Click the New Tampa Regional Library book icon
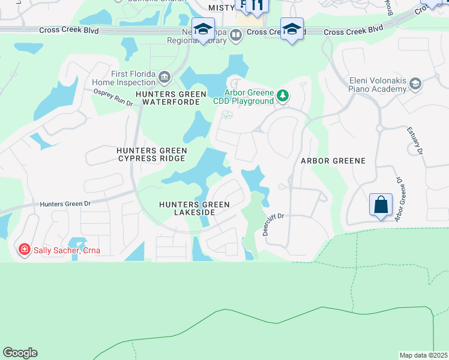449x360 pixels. [237, 35]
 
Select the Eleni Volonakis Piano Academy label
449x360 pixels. [378, 85]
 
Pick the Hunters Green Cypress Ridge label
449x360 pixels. [152, 154]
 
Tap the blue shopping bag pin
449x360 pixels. [381, 205]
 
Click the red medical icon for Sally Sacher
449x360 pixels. [24, 249]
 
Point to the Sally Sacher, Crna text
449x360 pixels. [67, 250]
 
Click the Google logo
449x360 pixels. [20, 353]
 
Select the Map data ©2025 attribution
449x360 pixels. [423, 355]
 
